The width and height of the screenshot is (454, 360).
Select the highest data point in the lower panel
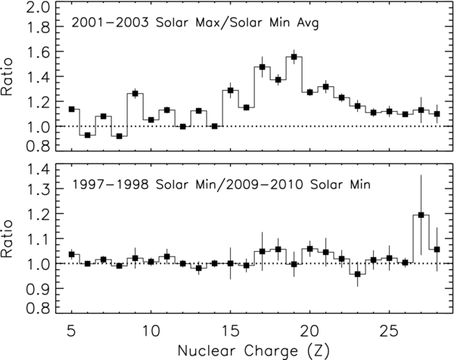click(421, 215)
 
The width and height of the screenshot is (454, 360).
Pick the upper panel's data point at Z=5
click(72, 109)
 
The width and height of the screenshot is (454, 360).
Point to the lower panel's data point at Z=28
click(437, 249)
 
